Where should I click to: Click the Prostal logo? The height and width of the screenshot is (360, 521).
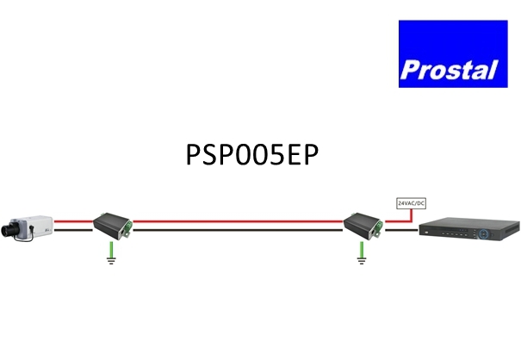[x=453, y=54]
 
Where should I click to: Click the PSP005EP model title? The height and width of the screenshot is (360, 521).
[x=252, y=154]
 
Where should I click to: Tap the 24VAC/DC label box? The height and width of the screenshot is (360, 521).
[x=412, y=203]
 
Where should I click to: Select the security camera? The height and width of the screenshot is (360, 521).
[x=27, y=228]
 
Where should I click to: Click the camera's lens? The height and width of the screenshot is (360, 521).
[x=7, y=231]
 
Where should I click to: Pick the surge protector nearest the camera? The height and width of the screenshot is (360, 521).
[x=113, y=226]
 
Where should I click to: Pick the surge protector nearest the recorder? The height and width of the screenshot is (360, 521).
[x=363, y=226]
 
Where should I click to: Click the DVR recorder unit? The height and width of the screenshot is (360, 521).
[x=469, y=229]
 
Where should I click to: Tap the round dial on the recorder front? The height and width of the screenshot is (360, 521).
[x=484, y=233]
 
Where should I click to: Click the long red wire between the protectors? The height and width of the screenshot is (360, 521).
[x=238, y=221]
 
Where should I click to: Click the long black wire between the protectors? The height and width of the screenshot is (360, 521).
[x=238, y=230]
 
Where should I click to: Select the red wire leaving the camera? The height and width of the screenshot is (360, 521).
[x=73, y=221]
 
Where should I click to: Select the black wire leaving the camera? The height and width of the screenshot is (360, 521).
[x=73, y=230]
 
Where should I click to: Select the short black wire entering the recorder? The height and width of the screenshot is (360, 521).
[x=401, y=230]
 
